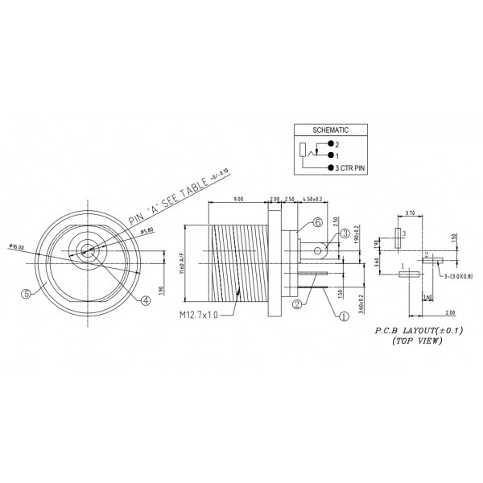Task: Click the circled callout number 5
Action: (27, 294)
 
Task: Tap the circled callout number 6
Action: (317, 222)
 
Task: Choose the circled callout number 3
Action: (344, 233)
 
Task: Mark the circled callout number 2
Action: (297, 304)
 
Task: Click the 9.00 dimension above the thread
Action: (238, 198)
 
